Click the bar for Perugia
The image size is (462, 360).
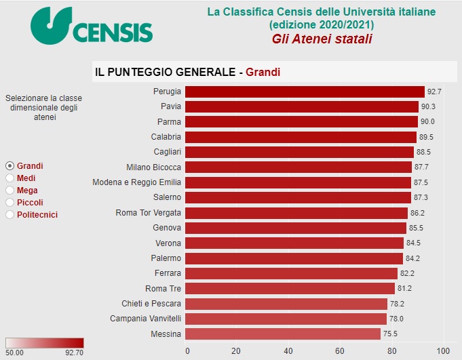click(304, 92)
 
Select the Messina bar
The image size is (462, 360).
click(282, 334)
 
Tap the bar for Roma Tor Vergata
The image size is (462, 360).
click(296, 213)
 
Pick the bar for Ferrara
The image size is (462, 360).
click(291, 273)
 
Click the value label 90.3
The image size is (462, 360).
click(429, 106)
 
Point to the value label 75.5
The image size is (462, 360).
click(390, 334)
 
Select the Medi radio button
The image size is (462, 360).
click(9, 178)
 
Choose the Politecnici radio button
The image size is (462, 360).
click(9, 215)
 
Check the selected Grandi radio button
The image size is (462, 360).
click(9, 166)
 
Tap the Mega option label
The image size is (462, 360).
click(27, 191)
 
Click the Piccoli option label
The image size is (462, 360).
click(30, 203)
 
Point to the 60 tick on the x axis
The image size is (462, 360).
click(339, 351)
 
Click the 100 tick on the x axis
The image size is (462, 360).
click(442, 351)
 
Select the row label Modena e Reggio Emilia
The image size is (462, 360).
click(136, 182)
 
